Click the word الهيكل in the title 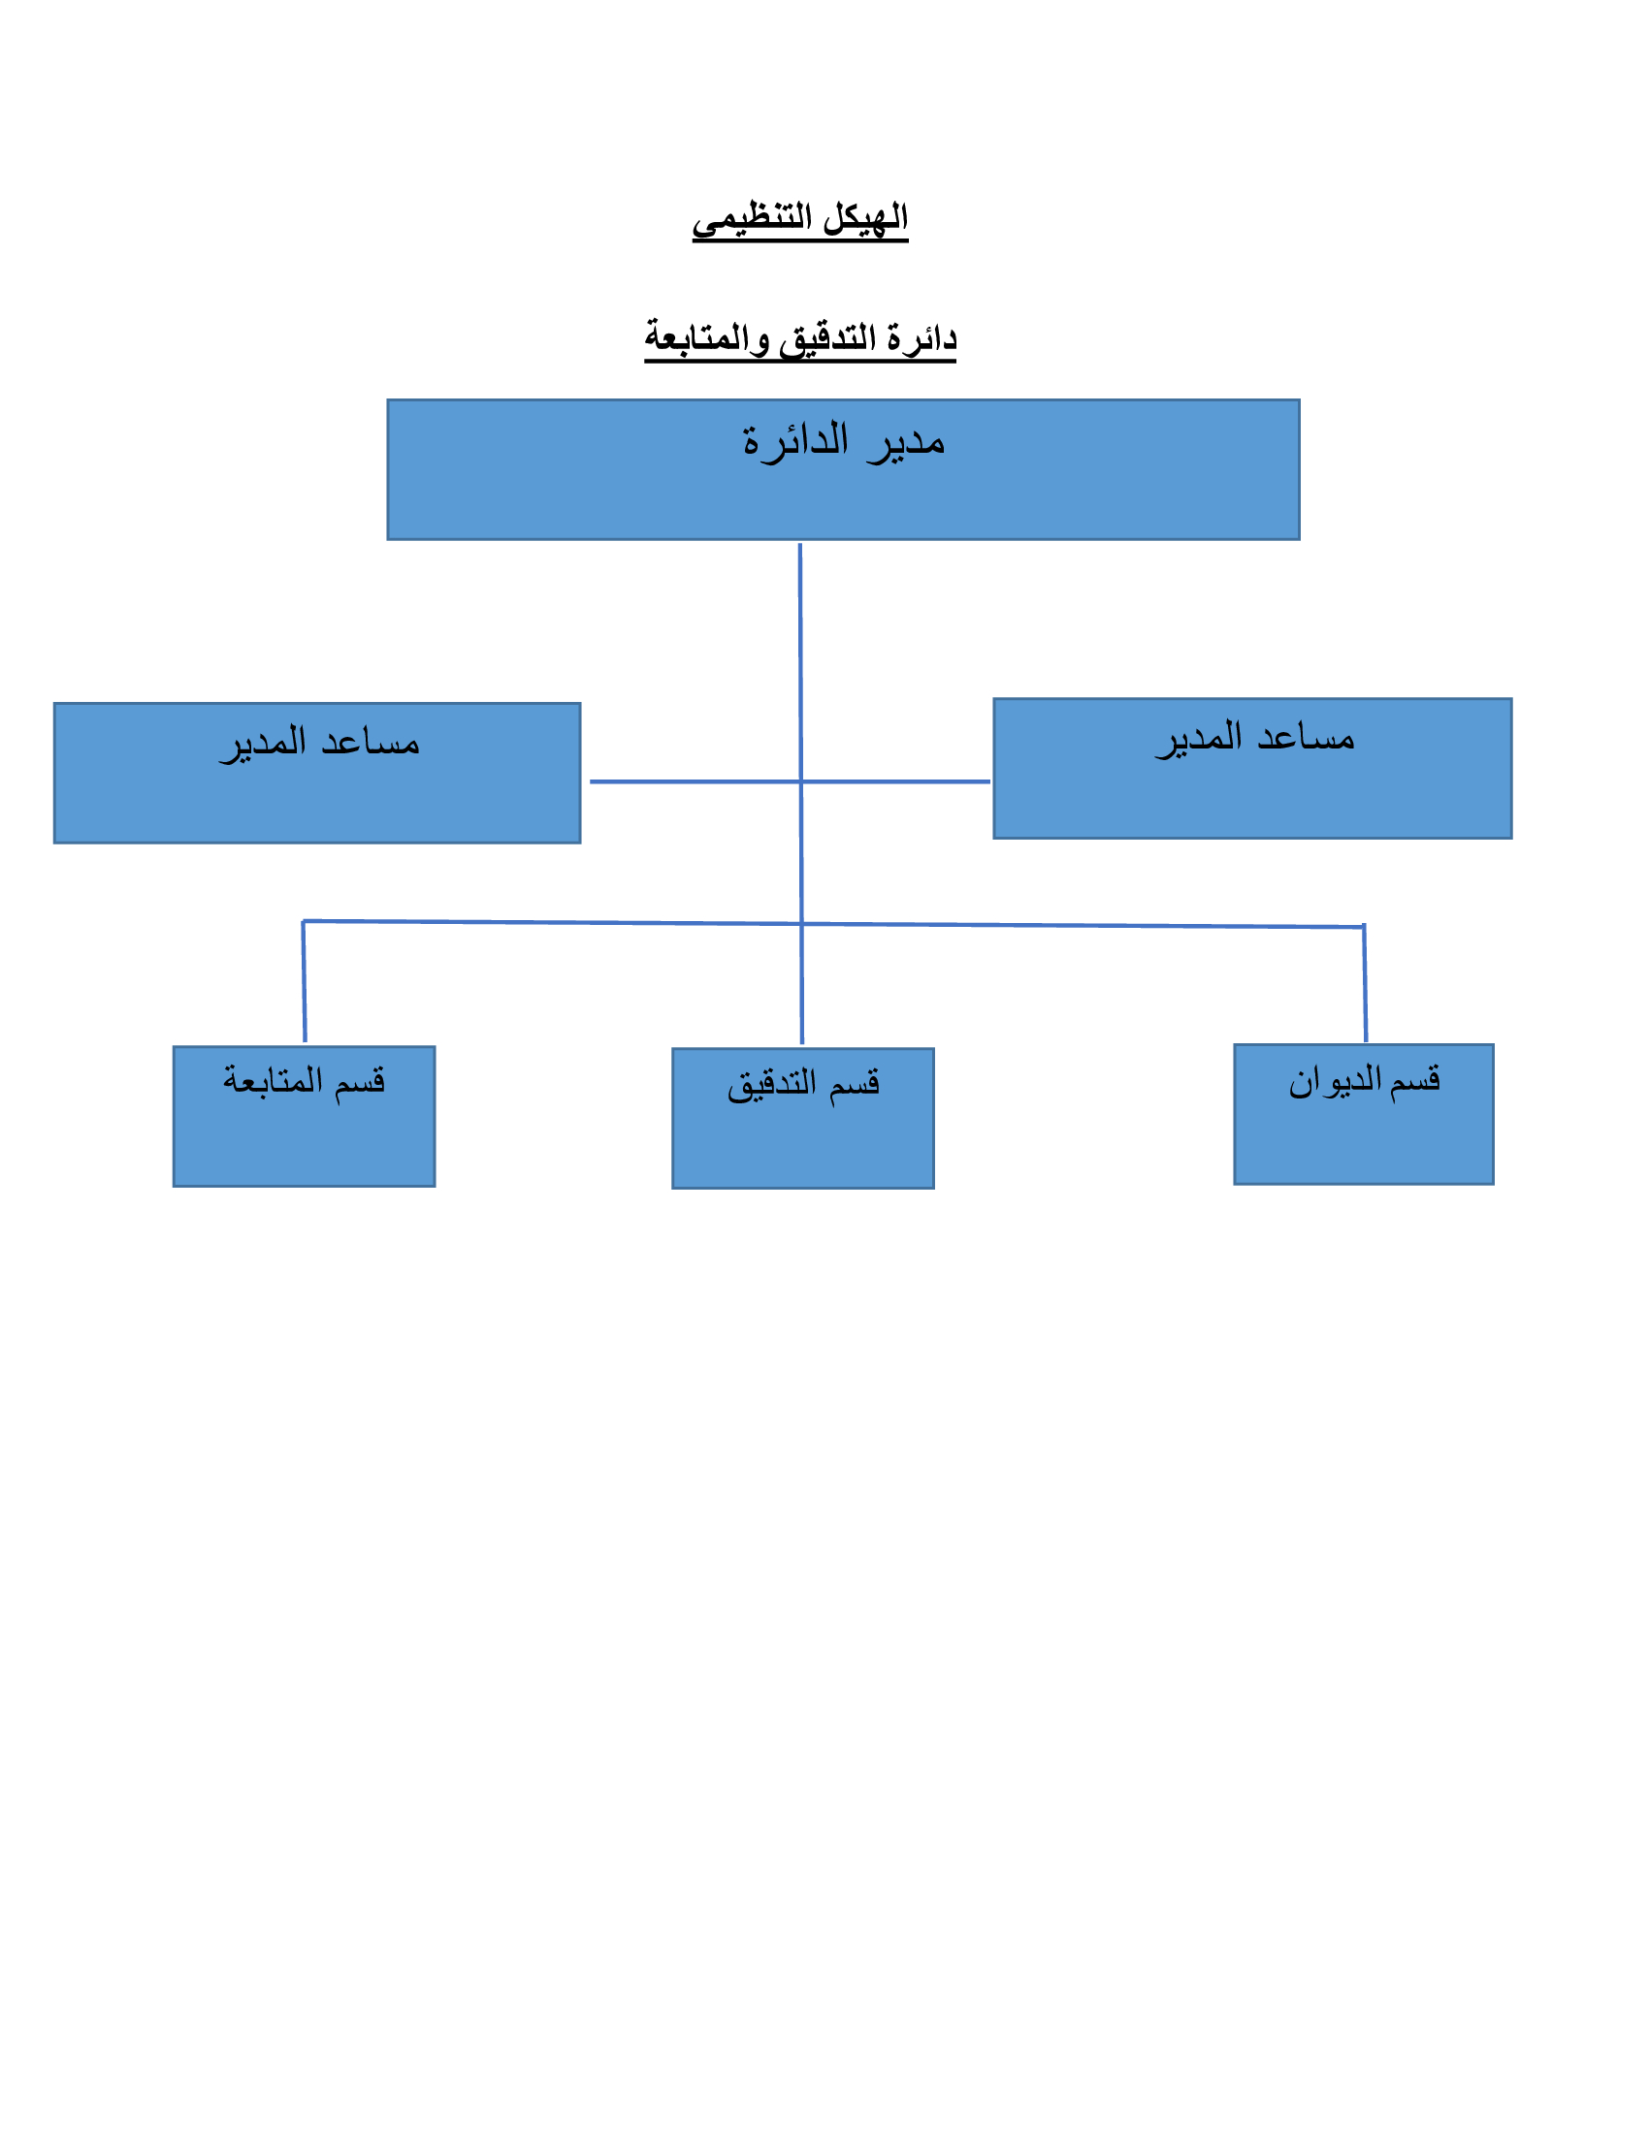pos(865,217)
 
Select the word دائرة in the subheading pos(922,338)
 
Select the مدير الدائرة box pos(843,470)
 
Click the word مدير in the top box pos(906,442)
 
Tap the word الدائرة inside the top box pos(795,439)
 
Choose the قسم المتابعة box pos(304,1116)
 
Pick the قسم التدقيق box pos(803,1118)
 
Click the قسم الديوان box pos(1364,1114)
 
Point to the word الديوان pos(1335,1081)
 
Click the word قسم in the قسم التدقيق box pos(855,1084)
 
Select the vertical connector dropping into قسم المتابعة pos(304,981)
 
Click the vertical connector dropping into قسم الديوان pos(1365,983)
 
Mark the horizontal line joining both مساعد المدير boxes pos(790,781)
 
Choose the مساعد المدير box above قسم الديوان pos(1252,769)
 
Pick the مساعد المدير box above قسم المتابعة pos(317,774)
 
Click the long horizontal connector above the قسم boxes pos(833,924)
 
